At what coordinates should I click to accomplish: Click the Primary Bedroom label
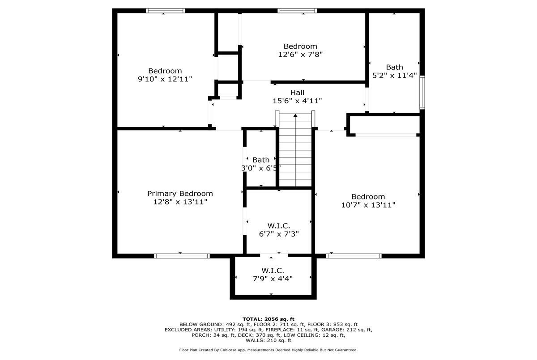tap(180, 194)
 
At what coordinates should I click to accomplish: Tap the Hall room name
tap(297, 93)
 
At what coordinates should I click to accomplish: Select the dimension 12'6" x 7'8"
tap(300, 55)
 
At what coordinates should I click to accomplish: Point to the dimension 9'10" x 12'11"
tap(165, 79)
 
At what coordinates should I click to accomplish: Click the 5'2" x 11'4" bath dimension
tap(394, 76)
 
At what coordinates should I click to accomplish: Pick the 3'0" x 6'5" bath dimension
tap(261, 168)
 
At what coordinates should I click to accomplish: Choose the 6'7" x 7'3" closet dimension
tap(279, 234)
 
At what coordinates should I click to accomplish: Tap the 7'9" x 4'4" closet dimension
tap(273, 279)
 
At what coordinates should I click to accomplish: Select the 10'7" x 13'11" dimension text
tap(368, 205)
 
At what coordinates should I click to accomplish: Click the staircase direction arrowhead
tap(295, 115)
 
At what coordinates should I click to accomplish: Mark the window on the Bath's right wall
tap(422, 93)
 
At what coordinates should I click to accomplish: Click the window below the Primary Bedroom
tap(182, 256)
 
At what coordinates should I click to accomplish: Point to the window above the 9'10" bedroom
tap(166, 11)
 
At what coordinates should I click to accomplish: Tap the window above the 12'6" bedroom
tap(297, 11)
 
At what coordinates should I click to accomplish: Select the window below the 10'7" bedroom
tap(354, 256)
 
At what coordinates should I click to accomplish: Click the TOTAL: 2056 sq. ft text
tap(268, 319)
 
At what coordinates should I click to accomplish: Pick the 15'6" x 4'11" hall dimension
tap(297, 101)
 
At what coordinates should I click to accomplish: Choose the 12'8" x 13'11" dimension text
tap(180, 202)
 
